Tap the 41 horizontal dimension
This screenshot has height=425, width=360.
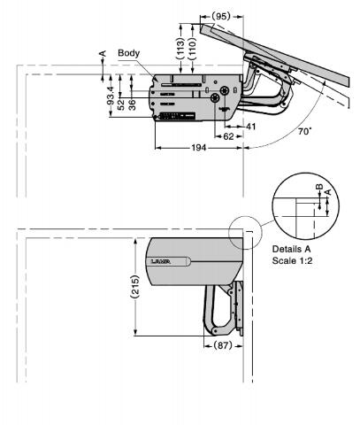point(250,127)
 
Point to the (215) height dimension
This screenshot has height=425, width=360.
point(134,288)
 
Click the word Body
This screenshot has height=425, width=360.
point(129,54)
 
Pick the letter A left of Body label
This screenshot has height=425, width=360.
point(102,54)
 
